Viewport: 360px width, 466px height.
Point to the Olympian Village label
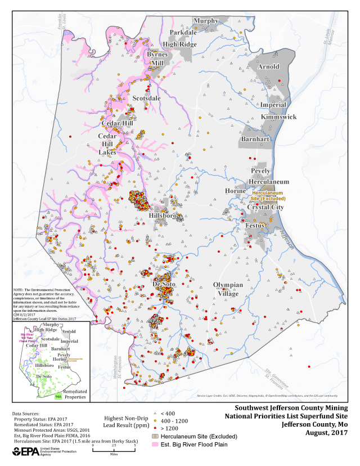228,289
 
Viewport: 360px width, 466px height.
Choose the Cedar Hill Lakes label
107,144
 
